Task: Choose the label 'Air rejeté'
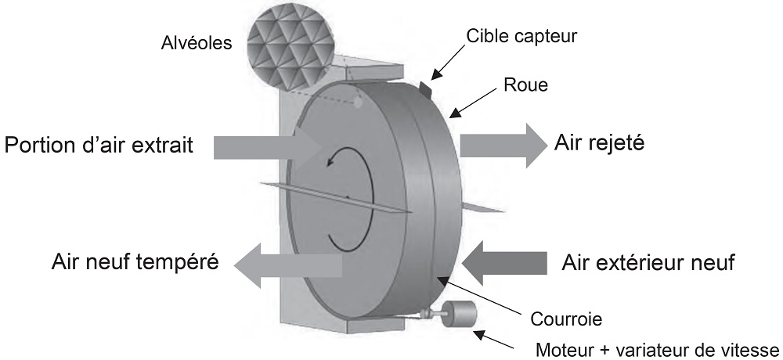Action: tap(599, 143)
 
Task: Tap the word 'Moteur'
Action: tap(561, 348)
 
